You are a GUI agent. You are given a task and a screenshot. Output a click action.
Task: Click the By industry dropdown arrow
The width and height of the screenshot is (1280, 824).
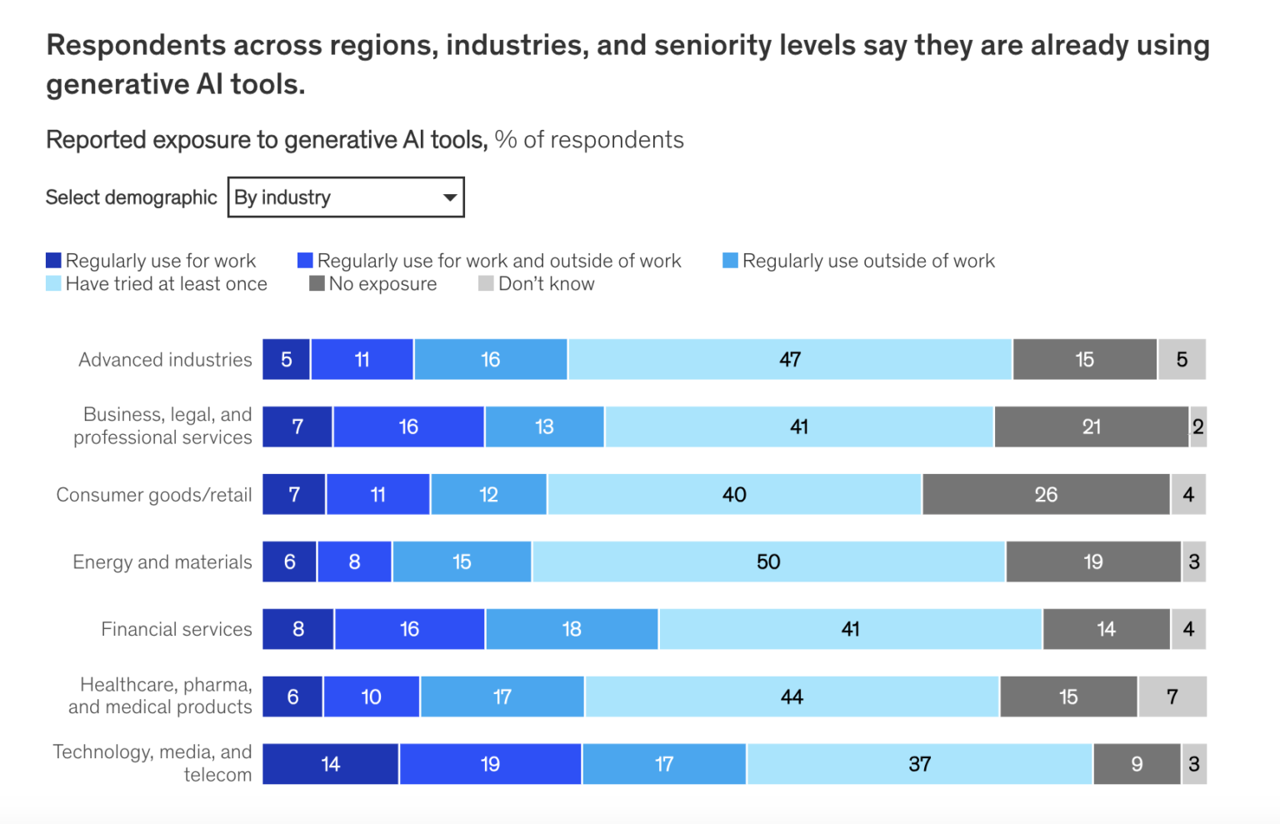coord(449,197)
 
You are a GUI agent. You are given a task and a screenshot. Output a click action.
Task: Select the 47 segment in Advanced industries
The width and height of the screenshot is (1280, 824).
coord(790,360)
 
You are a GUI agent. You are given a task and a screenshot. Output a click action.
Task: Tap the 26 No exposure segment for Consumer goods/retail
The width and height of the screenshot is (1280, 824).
coord(1046,495)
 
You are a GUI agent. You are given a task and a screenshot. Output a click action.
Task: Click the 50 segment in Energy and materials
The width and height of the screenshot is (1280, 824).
coord(768,562)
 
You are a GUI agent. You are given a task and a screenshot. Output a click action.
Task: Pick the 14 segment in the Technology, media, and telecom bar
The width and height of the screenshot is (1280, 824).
coord(331,764)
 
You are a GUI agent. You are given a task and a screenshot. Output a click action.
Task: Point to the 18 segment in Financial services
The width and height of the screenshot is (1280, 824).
coord(572,629)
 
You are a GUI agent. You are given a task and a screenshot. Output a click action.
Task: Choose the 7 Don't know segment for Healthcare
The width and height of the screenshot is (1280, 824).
coord(1172,697)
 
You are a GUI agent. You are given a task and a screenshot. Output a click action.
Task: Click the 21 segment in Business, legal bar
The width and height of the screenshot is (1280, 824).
coord(1092,427)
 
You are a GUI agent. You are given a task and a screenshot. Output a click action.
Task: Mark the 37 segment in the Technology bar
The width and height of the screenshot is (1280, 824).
coord(920,764)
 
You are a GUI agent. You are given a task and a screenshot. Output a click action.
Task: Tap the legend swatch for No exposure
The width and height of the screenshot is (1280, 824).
coord(317,283)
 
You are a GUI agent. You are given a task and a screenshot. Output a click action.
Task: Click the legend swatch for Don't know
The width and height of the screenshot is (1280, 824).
coord(486,283)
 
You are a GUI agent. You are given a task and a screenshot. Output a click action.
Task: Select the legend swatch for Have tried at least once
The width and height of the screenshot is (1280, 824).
coord(53,283)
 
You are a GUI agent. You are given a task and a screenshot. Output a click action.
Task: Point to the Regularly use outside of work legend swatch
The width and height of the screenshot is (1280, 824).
coord(730,261)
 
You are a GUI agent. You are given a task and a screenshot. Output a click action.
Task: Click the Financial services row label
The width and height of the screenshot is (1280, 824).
coord(176,629)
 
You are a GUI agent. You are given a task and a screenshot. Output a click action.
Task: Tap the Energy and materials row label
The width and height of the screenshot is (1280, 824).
coord(162,562)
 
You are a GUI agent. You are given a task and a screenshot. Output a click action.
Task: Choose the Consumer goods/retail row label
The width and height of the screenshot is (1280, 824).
coord(153,495)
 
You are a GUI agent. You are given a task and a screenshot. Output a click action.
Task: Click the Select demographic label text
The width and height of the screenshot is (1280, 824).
coord(131,197)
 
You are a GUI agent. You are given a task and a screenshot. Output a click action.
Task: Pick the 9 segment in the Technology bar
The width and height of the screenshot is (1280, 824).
coord(1137,764)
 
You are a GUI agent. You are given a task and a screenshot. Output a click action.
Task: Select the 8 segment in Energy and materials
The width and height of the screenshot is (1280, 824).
coord(354,562)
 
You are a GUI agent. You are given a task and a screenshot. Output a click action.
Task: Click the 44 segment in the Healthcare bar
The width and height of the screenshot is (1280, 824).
coord(792,697)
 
